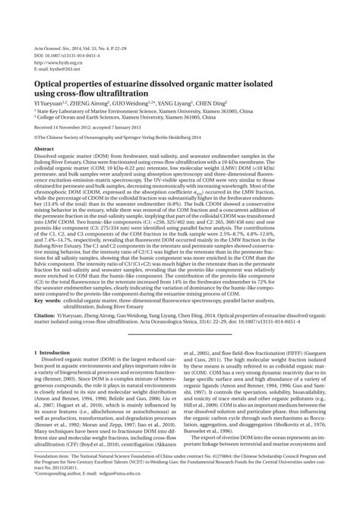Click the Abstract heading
(x=46, y=150)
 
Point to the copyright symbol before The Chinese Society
(x=37, y=138)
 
